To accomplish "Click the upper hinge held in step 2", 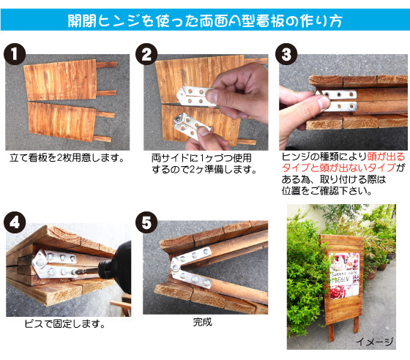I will tap(198, 94).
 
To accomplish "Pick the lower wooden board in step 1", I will tap(62, 121).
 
